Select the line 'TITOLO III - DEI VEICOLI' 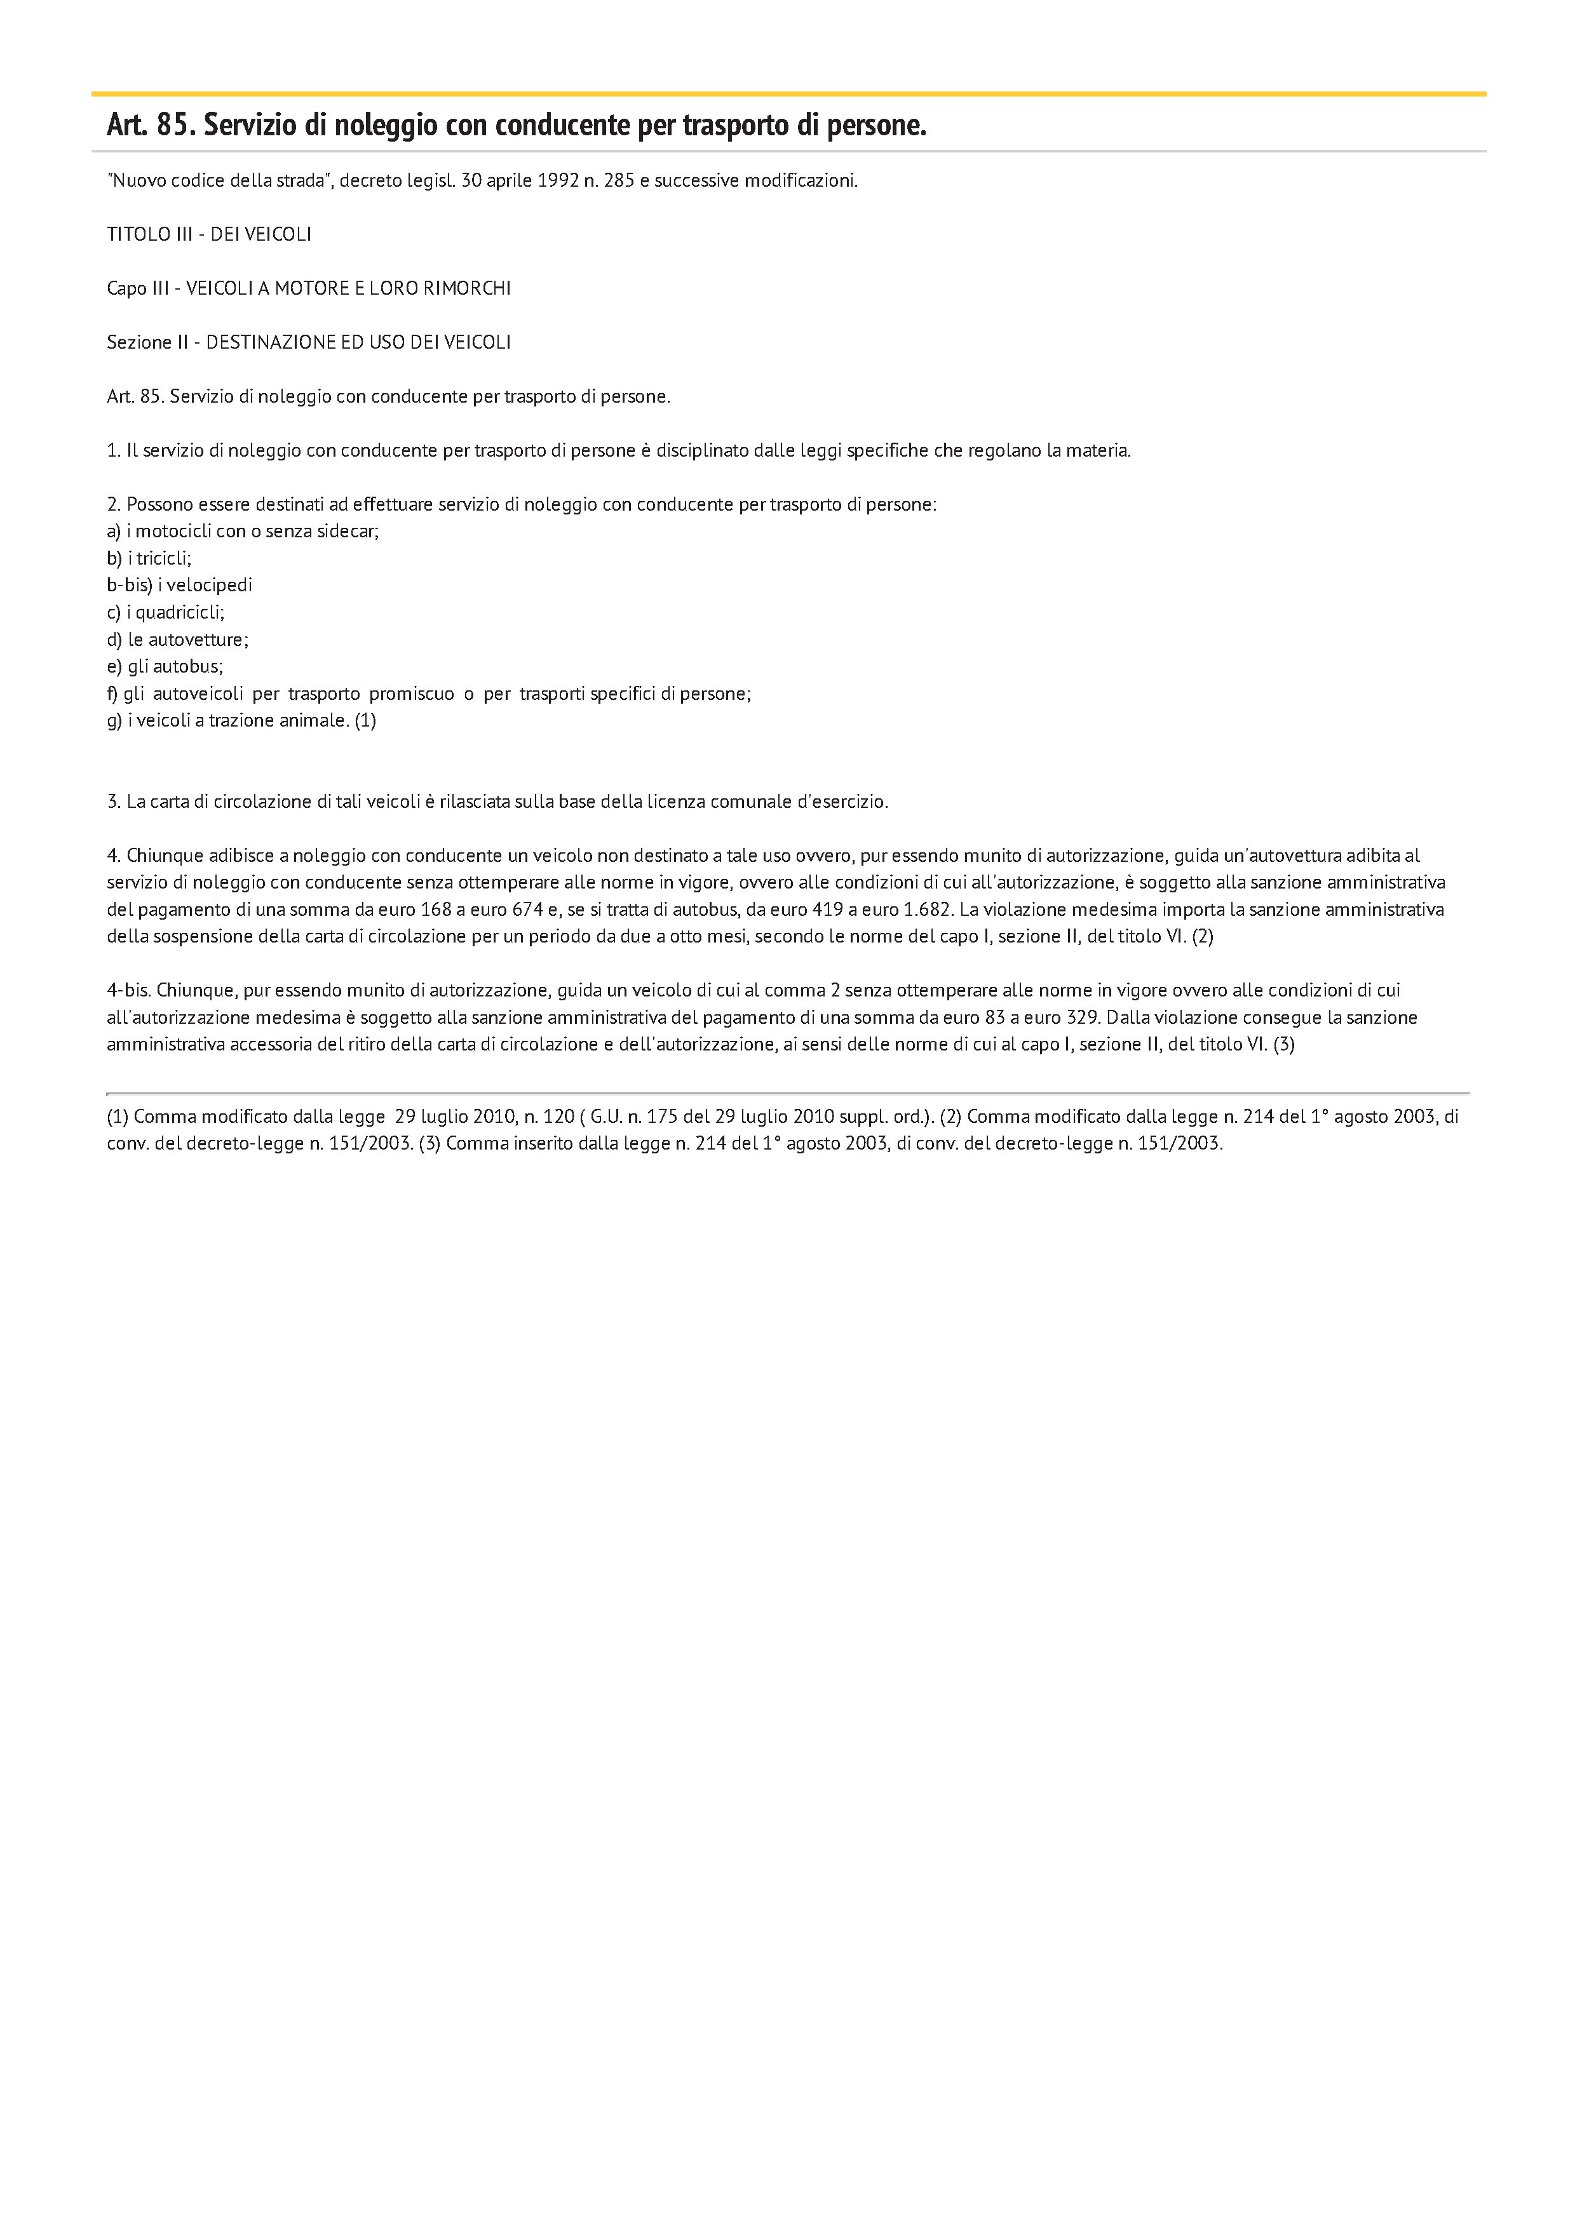[208, 235]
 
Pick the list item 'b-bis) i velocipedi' [180, 585]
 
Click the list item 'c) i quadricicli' [166, 612]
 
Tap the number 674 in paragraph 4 [529, 910]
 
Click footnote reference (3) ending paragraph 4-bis [1284, 1045]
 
